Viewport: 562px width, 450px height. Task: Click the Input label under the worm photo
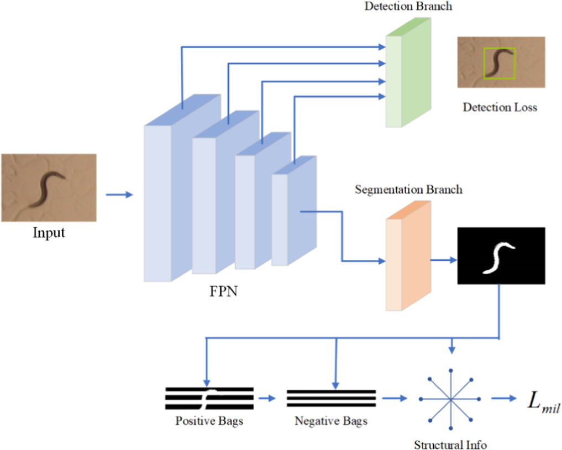(48, 233)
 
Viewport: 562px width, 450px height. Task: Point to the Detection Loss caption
(500, 107)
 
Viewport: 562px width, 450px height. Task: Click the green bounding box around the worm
(500, 62)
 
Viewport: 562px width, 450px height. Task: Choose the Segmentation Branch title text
(408, 190)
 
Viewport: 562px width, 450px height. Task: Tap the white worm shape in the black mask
(499, 257)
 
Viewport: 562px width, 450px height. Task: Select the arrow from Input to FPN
(119, 195)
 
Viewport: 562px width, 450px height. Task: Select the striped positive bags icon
(209, 397)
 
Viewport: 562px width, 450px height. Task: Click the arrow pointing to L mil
(503, 398)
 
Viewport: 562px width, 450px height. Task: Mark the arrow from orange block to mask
(443, 259)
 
